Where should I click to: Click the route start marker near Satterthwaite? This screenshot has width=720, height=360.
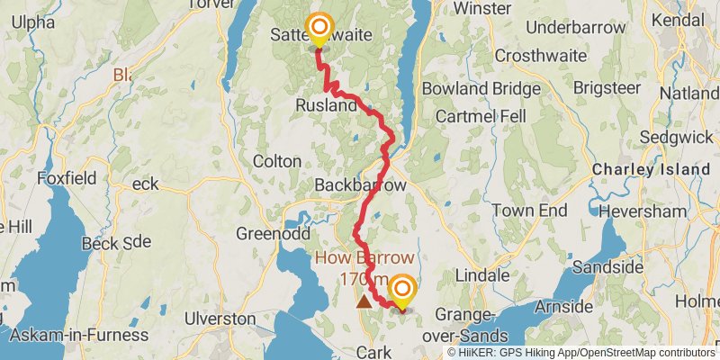click(x=319, y=28)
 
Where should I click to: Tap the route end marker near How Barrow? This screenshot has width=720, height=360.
click(x=401, y=289)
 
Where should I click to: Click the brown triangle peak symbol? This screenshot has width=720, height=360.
click(x=364, y=301)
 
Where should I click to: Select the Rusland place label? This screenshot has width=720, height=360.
click(x=327, y=105)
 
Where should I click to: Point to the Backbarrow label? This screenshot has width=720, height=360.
click(x=360, y=184)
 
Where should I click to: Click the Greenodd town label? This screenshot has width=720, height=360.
click(x=266, y=234)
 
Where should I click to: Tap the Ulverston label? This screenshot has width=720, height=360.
click(x=220, y=319)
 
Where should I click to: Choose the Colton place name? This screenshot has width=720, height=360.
click(x=278, y=161)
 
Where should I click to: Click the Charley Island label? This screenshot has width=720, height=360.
click(x=650, y=169)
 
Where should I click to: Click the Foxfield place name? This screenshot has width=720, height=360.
click(x=67, y=178)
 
